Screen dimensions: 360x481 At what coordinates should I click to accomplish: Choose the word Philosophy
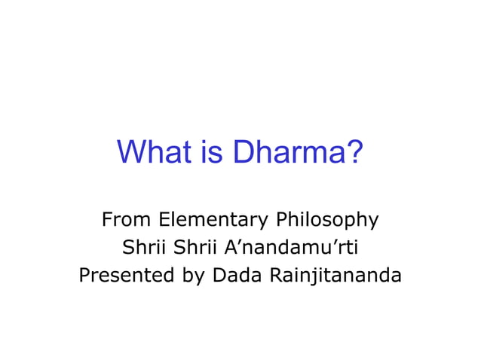coord(326,221)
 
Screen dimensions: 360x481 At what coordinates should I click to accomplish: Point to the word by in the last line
coord(193,276)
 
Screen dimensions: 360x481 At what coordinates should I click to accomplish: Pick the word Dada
coord(236,276)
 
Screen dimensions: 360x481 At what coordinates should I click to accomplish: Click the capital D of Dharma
coord(243,153)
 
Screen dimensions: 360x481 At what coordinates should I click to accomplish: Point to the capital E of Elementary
coord(163,220)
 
